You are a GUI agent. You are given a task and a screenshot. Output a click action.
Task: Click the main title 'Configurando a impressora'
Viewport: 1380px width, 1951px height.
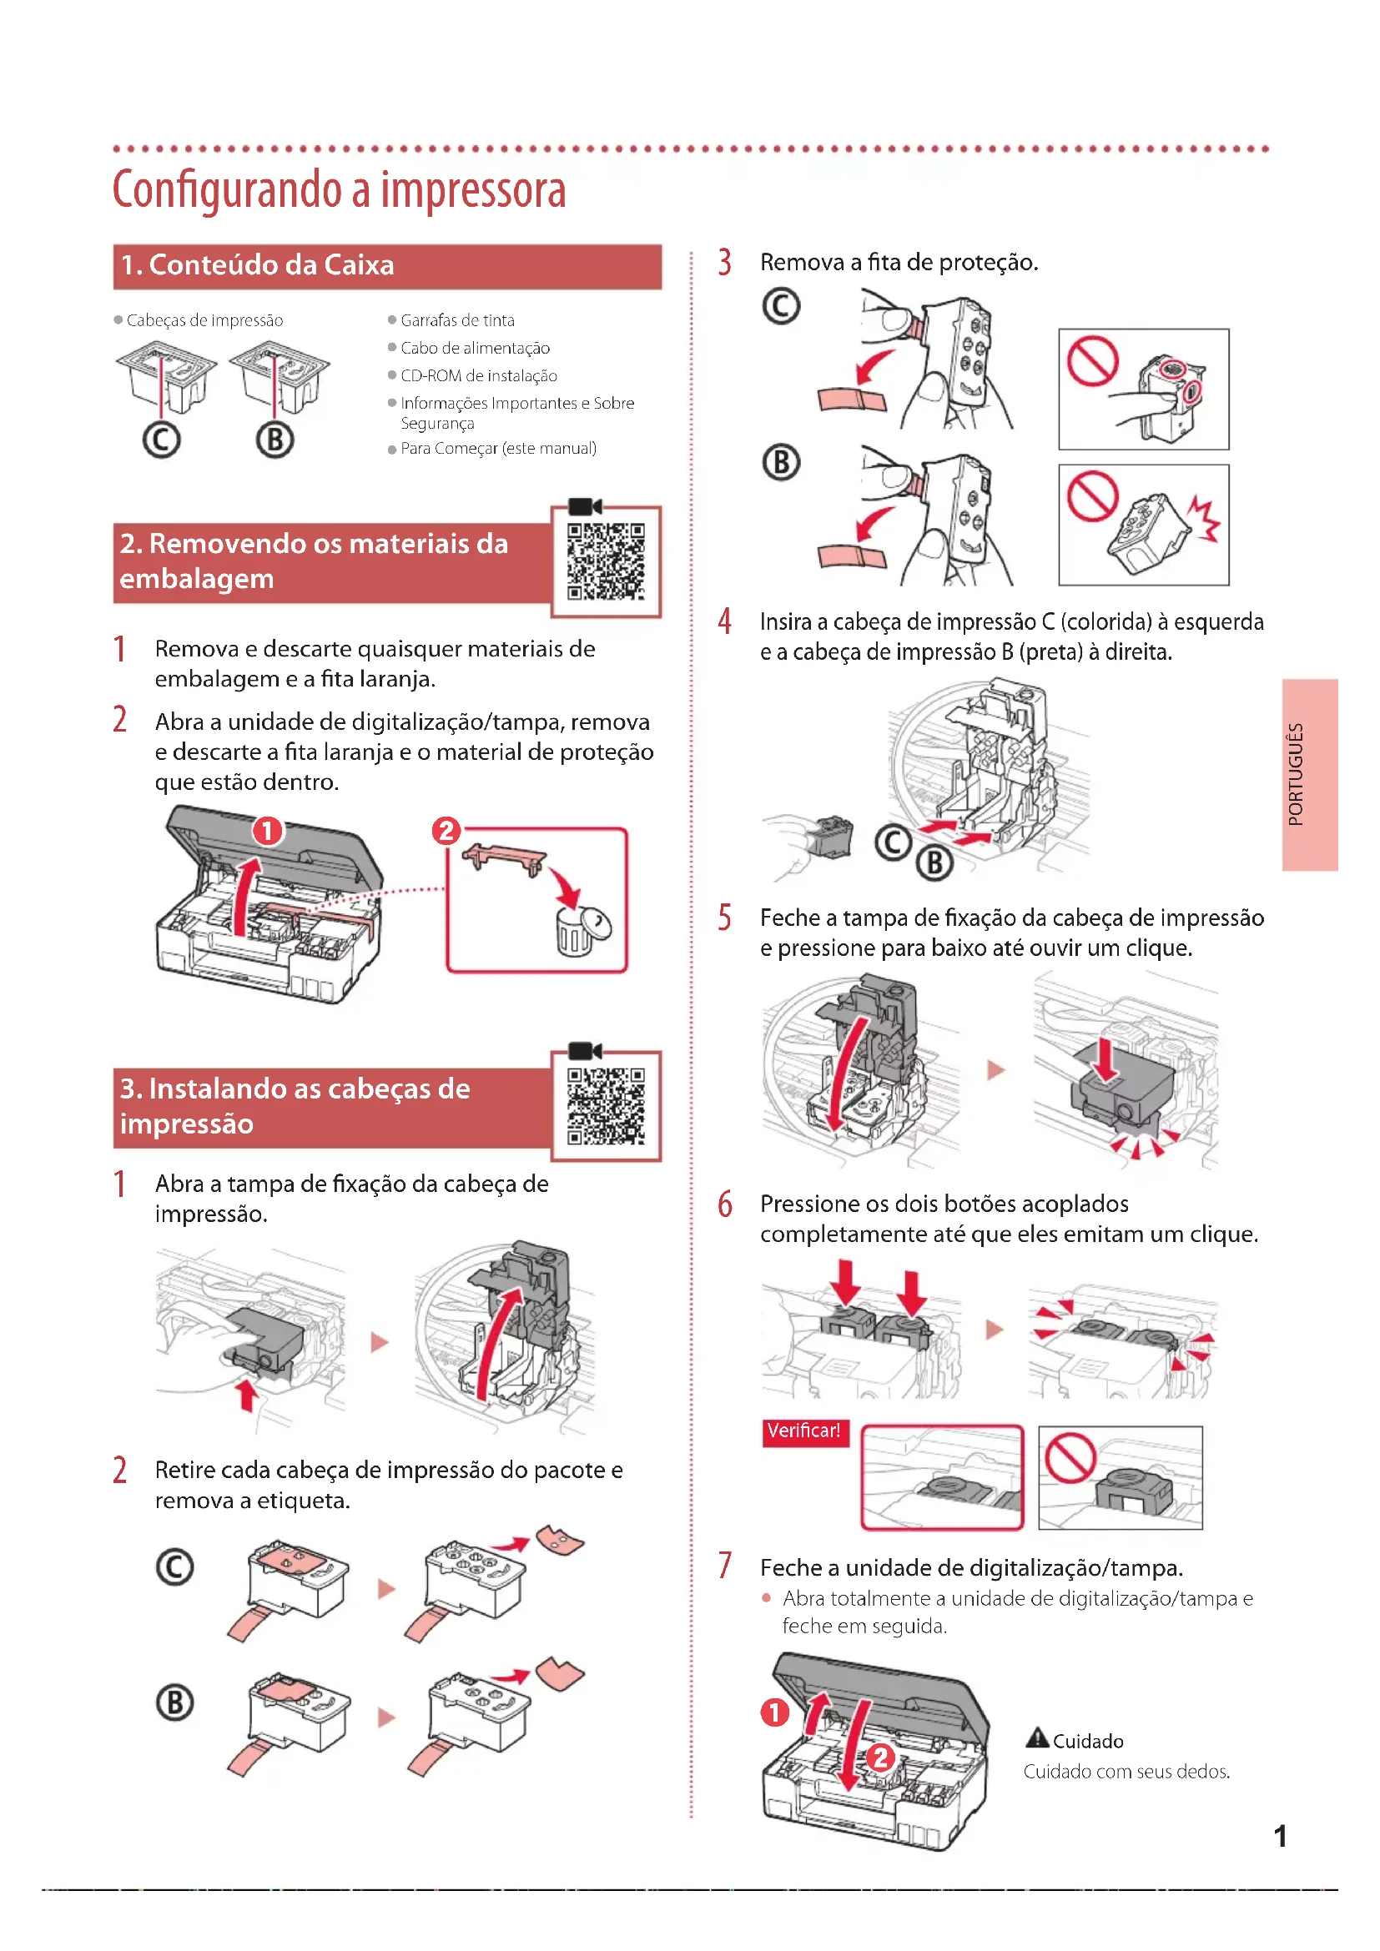[x=339, y=189]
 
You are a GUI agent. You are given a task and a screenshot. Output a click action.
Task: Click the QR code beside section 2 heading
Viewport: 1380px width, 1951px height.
[x=606, y=561]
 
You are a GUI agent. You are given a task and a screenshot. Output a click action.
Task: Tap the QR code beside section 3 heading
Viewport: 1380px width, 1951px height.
[x=606, y=1105]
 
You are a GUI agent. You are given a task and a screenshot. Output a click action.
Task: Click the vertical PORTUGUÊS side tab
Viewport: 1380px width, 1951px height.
[x=1308, y=774]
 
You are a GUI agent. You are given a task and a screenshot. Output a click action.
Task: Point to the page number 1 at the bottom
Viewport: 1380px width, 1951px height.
[x=1280, y=1836]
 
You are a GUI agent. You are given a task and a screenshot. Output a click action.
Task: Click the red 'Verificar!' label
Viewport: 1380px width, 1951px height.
[x=803, y=1431]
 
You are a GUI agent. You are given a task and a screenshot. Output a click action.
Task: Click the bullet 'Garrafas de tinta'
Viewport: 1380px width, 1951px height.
[x=457, y=320]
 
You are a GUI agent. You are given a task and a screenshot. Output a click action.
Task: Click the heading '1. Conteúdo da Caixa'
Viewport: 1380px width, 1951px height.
[x=258, y=265]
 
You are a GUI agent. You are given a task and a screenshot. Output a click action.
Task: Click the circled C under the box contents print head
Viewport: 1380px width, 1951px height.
[x=162, y=440]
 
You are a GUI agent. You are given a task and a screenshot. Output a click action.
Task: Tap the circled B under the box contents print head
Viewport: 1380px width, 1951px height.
[x=275, y=440]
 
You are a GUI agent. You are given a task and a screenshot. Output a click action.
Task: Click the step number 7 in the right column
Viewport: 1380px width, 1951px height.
[x=725, y=1565]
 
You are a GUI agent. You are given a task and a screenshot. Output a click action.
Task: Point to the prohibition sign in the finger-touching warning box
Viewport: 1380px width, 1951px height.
[x=1093, y=360]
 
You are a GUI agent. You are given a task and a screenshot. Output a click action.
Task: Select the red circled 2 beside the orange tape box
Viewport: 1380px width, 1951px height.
[x=446, y=829]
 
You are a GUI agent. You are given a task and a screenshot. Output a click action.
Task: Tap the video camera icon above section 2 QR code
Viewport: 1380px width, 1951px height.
[x=585, y=506]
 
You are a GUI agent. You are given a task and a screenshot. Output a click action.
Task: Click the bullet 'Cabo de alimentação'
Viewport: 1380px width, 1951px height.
[x=475, y=349]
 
